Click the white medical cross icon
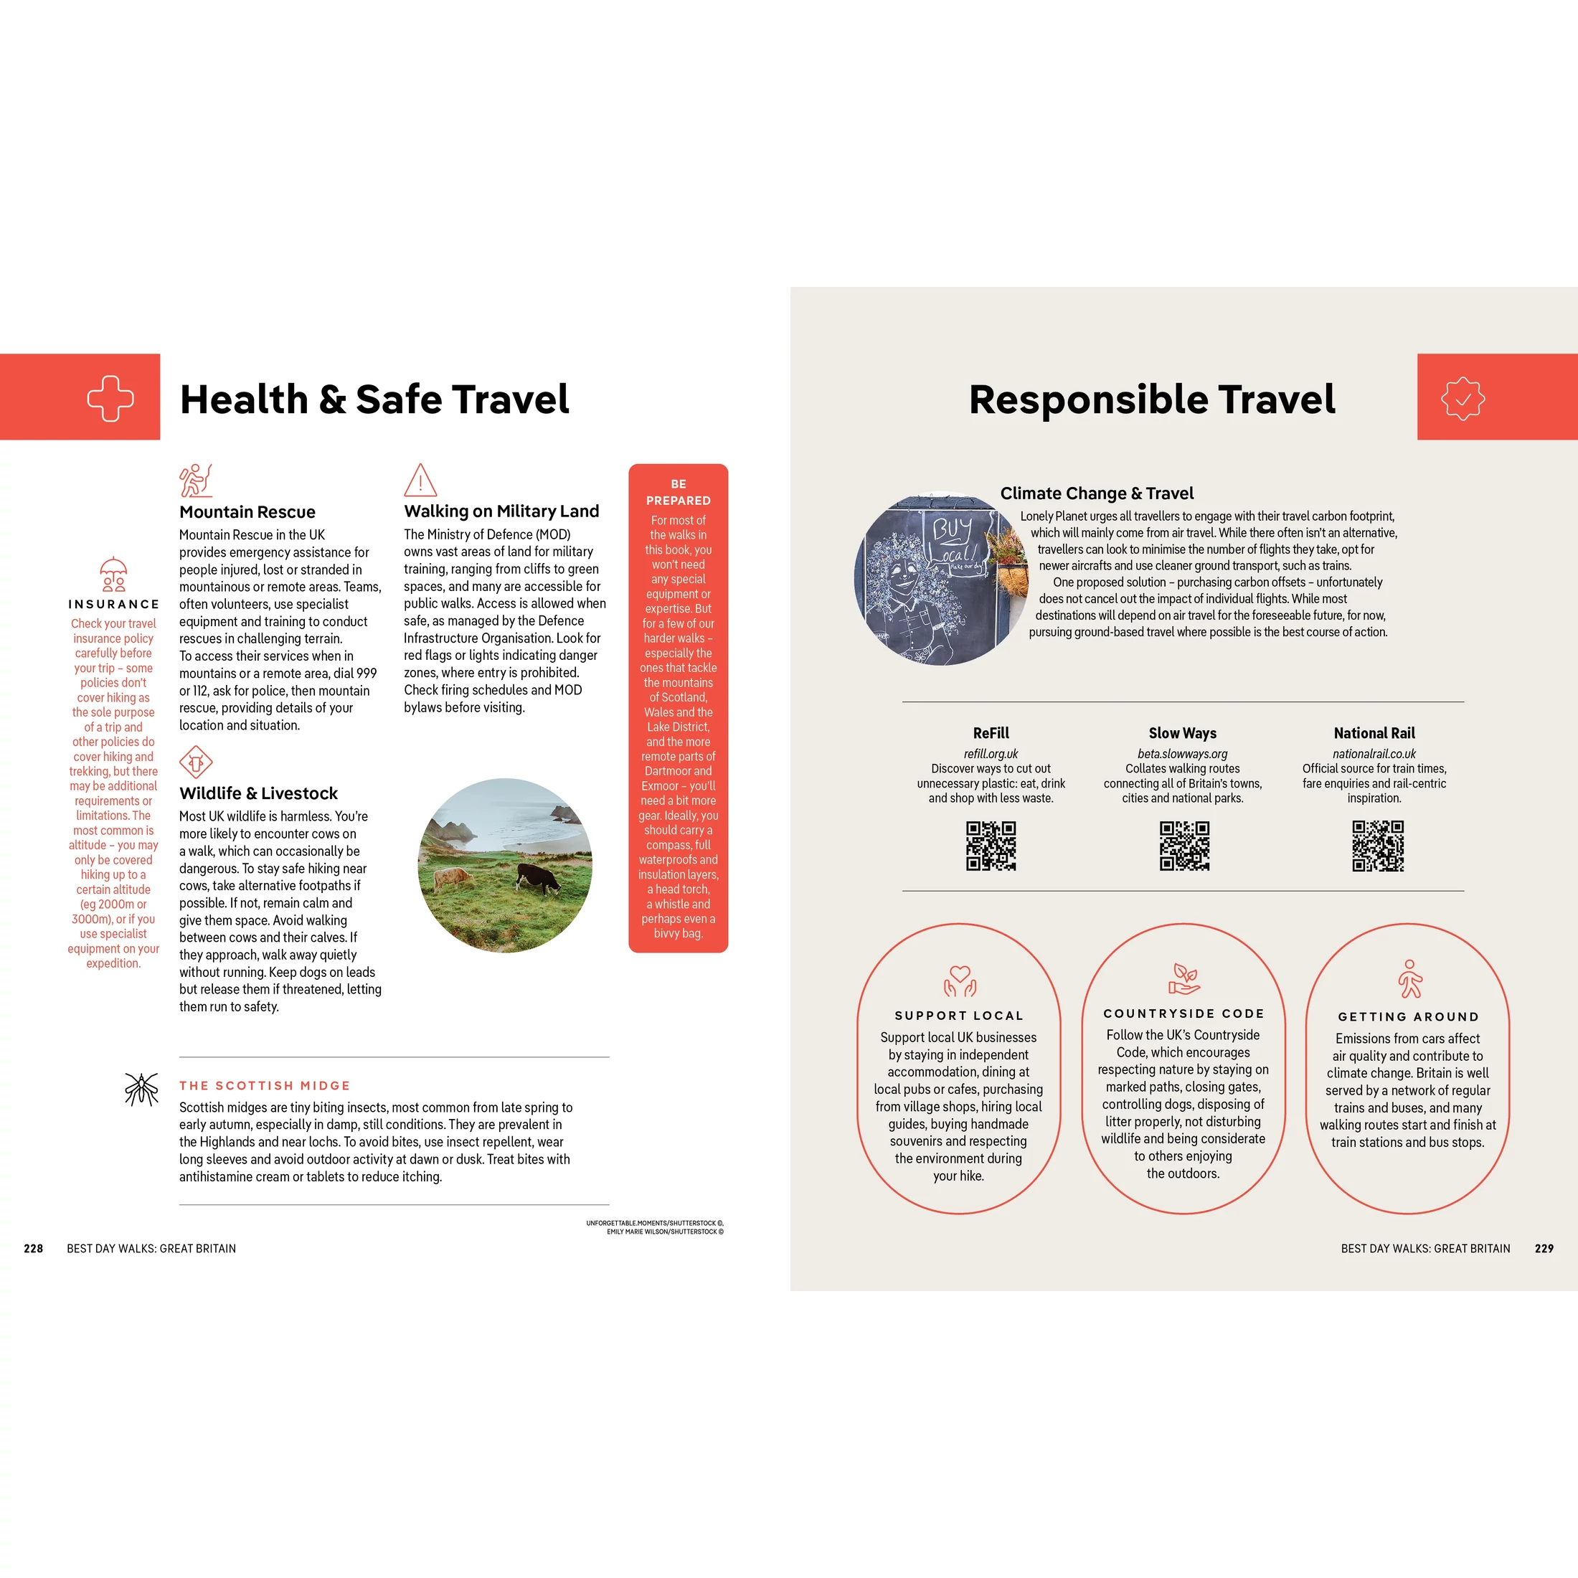point(110,399)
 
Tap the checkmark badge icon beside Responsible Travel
point(1462,399)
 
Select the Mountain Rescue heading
point(247,512)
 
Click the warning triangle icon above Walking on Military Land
point(420,481)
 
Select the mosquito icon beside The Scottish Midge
point(141,1089)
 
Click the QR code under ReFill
point(991,846)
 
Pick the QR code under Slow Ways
point(1183,846)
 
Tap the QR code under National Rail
point(1377,846)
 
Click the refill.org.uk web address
point(991,754)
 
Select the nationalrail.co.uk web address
point(1374,754)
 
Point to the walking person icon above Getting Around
point(1409,979)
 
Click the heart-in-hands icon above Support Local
point(960,980)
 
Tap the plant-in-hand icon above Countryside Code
point(1183,978)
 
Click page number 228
point(34,1249)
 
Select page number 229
point(1544,1249)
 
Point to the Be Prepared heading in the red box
point(678,493)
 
